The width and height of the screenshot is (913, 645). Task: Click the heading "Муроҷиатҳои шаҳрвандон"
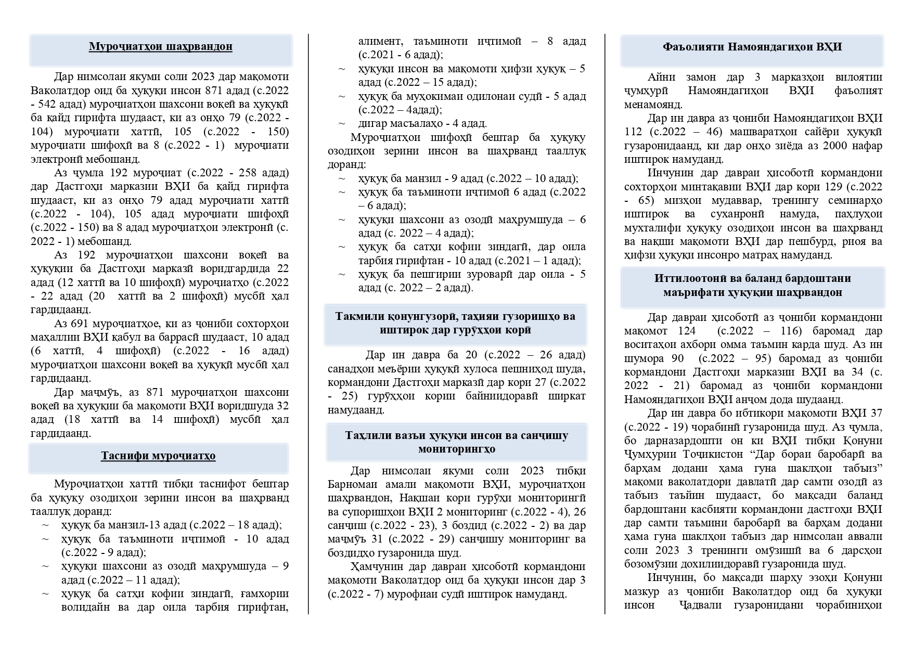coord(160,47)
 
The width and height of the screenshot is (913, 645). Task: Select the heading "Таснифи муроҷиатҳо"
coord(158,456)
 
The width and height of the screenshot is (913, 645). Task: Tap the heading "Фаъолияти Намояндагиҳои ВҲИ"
coord(752,47)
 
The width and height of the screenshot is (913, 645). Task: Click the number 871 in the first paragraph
coord(214,91)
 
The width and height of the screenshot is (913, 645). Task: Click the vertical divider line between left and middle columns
coord(308,322)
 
